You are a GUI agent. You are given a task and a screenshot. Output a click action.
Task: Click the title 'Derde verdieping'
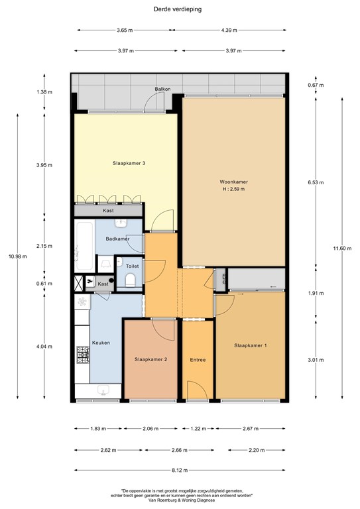coord(177,9)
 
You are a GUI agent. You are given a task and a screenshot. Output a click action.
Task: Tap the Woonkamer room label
coord(233,182)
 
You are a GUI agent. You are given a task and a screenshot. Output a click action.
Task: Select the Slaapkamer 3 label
coord(129,163)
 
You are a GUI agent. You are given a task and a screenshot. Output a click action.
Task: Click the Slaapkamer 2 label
coord(150,359)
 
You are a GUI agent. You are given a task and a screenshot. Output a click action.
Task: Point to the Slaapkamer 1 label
coord(251,345)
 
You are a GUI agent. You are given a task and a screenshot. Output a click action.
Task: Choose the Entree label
coord(198,360)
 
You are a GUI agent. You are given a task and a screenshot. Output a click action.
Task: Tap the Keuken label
coord(101,343)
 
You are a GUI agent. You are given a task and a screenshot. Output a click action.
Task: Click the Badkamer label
coord(117,239)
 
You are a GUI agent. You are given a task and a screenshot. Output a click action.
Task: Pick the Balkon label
coord(162,89)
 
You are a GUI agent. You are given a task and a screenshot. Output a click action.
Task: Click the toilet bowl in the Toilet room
coord(130,280)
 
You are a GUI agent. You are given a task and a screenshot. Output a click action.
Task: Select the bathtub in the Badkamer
coord(84,246)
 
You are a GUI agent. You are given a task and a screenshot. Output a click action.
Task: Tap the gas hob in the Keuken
coord(83,355)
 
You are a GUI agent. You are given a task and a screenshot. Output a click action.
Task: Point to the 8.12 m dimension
coord(180,470)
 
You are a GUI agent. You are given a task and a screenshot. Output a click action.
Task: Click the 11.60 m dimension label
coord(342,249)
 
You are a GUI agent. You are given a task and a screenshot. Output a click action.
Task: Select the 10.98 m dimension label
coord(17,256)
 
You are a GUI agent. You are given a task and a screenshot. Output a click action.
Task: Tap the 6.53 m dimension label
coord(316,182)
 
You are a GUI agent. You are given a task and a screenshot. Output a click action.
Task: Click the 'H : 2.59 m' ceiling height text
coord(233,189)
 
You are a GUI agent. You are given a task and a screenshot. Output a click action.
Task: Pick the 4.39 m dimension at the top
coord(229,30)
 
